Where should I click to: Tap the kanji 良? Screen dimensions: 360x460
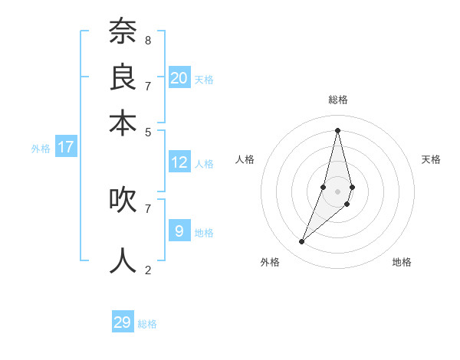point(123,77)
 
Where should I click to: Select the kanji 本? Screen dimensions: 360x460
point(123,123)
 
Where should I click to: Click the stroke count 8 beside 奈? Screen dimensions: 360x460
point(147,40)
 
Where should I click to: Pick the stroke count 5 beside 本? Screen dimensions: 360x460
point(147,132)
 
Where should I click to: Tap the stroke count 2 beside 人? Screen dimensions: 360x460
point(147,270)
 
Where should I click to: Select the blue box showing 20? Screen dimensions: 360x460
point(179,77)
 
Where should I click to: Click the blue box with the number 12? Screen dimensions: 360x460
point(179,162)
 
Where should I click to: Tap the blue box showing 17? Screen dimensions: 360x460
point(66,147)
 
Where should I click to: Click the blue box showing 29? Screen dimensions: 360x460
point(123,322)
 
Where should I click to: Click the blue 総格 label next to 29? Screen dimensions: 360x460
point(147,324)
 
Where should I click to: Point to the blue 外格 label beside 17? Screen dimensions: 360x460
point(41,149)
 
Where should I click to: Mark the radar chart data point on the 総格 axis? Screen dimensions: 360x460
point(337,129)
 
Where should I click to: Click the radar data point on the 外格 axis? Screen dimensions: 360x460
point(302,242)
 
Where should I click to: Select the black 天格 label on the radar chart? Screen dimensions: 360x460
point(431,159)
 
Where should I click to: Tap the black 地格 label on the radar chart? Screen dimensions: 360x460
point(402,262)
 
